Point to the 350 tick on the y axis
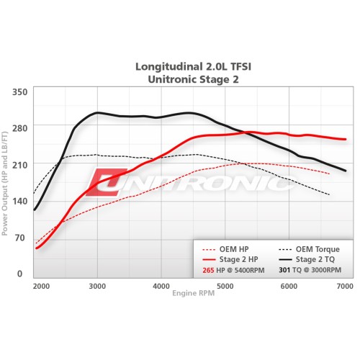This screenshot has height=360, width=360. click(x=19, y=92)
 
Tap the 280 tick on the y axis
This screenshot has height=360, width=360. click(x=19, y=128)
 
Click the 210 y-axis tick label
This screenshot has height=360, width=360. click(x=19, y=164)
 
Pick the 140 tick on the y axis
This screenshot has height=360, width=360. click(x=19, y=201)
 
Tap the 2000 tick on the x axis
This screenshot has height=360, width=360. click(x=41, y=287)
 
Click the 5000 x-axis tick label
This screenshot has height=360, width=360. click(x=225, y=287)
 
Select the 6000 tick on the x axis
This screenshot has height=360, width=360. click(x=287, y=287)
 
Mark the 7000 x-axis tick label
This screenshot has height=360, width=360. click(x=345, y=287)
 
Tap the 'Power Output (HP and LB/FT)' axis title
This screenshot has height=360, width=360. click(x=6, y=184)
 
